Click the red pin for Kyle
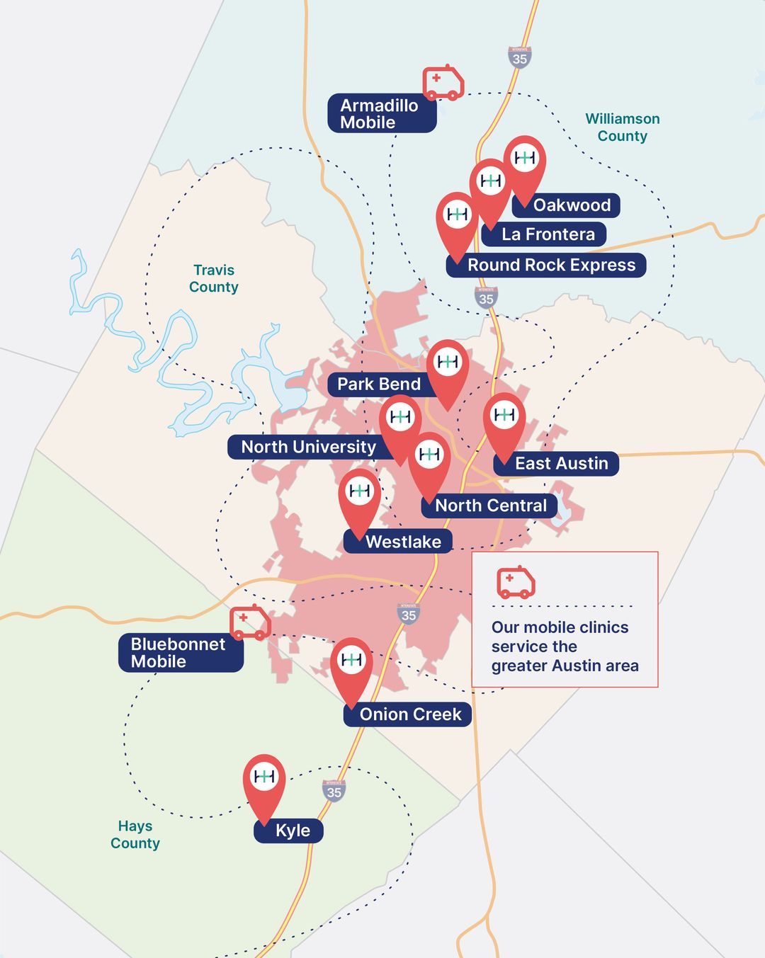tap(264, 782)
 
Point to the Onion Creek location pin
tap(351, 666)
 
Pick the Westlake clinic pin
tap(360, 496)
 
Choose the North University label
tap(308, 447)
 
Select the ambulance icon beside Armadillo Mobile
tap(443, 83)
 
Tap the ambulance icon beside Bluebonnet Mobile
tap(250, 622)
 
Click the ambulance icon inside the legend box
tap(516, 582)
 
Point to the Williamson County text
tap(623, 127)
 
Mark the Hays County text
tap(135, 834)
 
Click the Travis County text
tap(213, 278)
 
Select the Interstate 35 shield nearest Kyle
tap(334, 791)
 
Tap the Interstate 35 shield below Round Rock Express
tap(486, 297)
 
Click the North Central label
tap(489, 506)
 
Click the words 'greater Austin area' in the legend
tap(565, 666)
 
